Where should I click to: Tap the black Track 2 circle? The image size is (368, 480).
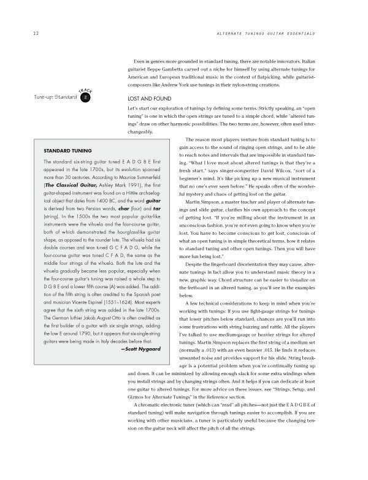point(86,97)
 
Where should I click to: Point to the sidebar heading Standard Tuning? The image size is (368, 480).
point(68,150)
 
